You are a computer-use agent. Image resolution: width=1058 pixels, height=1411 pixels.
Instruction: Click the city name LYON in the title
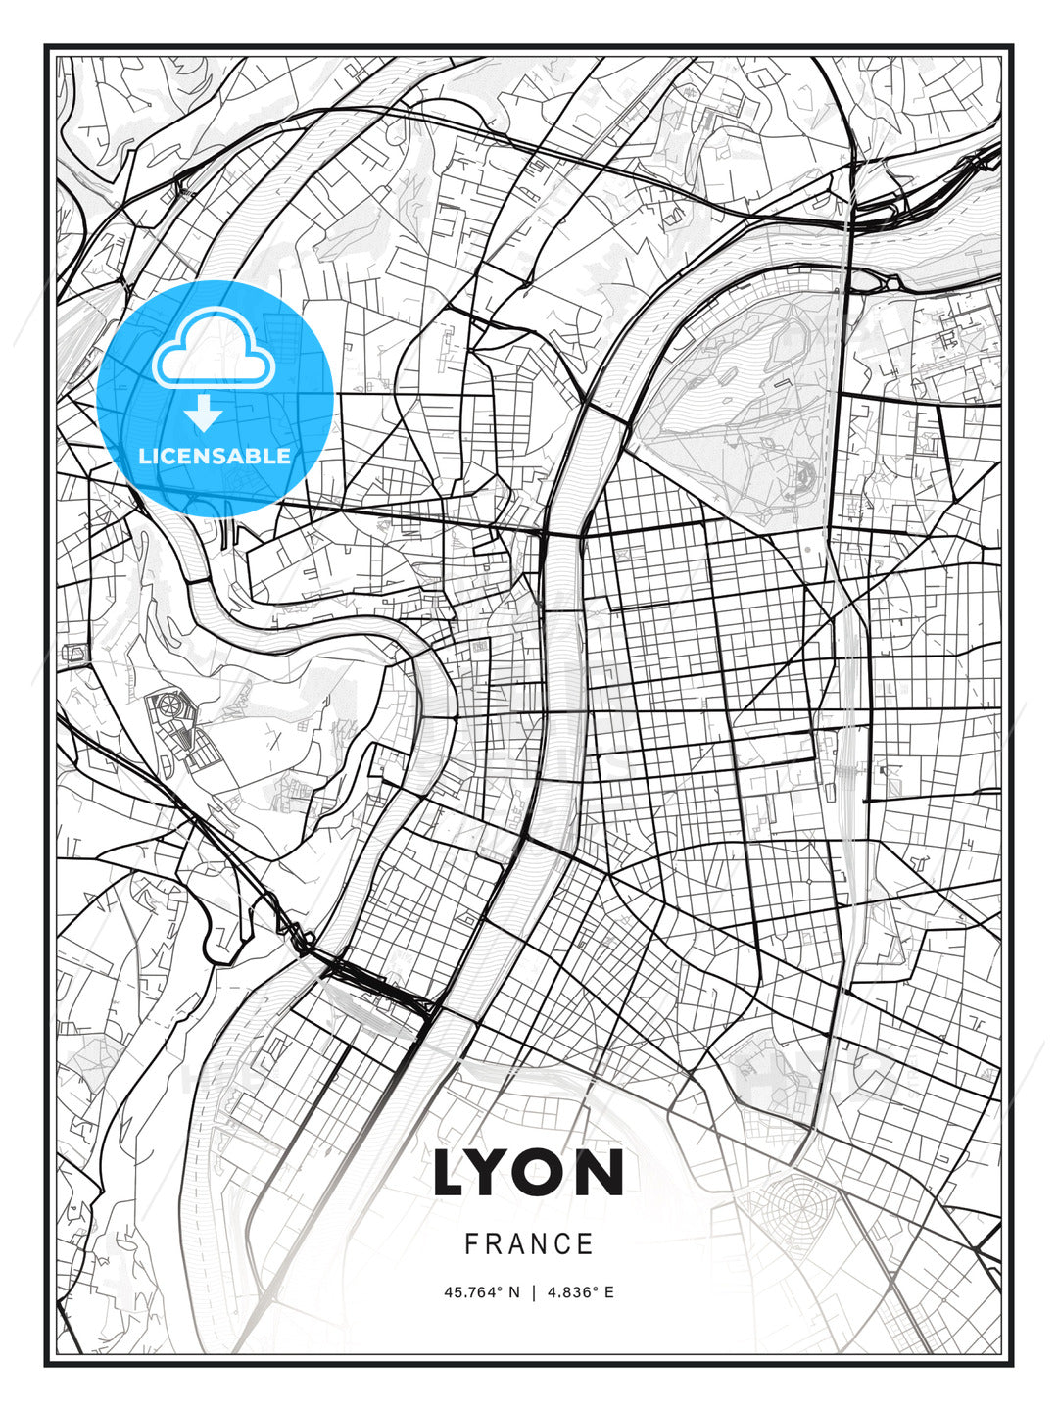pyautogui.click(x=528, y=1173)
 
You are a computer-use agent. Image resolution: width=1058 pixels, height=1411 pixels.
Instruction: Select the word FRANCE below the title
pyautogui.click(x=529, y=1244)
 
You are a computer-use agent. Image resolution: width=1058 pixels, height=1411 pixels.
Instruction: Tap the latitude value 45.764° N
pyautogui.click(x=483, y=1292)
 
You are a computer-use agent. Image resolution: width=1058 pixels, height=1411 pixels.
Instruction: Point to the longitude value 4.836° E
pyautogui.click(x=581, y=1292)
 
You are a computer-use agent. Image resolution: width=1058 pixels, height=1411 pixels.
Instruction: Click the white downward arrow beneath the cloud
pyautogui.click(x=205, y=413)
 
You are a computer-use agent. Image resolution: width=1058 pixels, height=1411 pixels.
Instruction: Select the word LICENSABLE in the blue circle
pyautogui.click(x=215, y=456)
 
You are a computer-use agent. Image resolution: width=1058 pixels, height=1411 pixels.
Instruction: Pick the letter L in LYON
pyautogui.click(x=455, y=1173)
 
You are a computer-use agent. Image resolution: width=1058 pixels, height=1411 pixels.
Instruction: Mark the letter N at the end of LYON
pyautogui.click(x=602, y=1173)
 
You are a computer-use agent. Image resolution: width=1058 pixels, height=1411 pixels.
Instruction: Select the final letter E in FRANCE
pyautogui.click(x=586, y=1244)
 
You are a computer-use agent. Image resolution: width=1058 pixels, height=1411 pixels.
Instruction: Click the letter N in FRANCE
pyautogui.click(x=541, y=1244)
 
